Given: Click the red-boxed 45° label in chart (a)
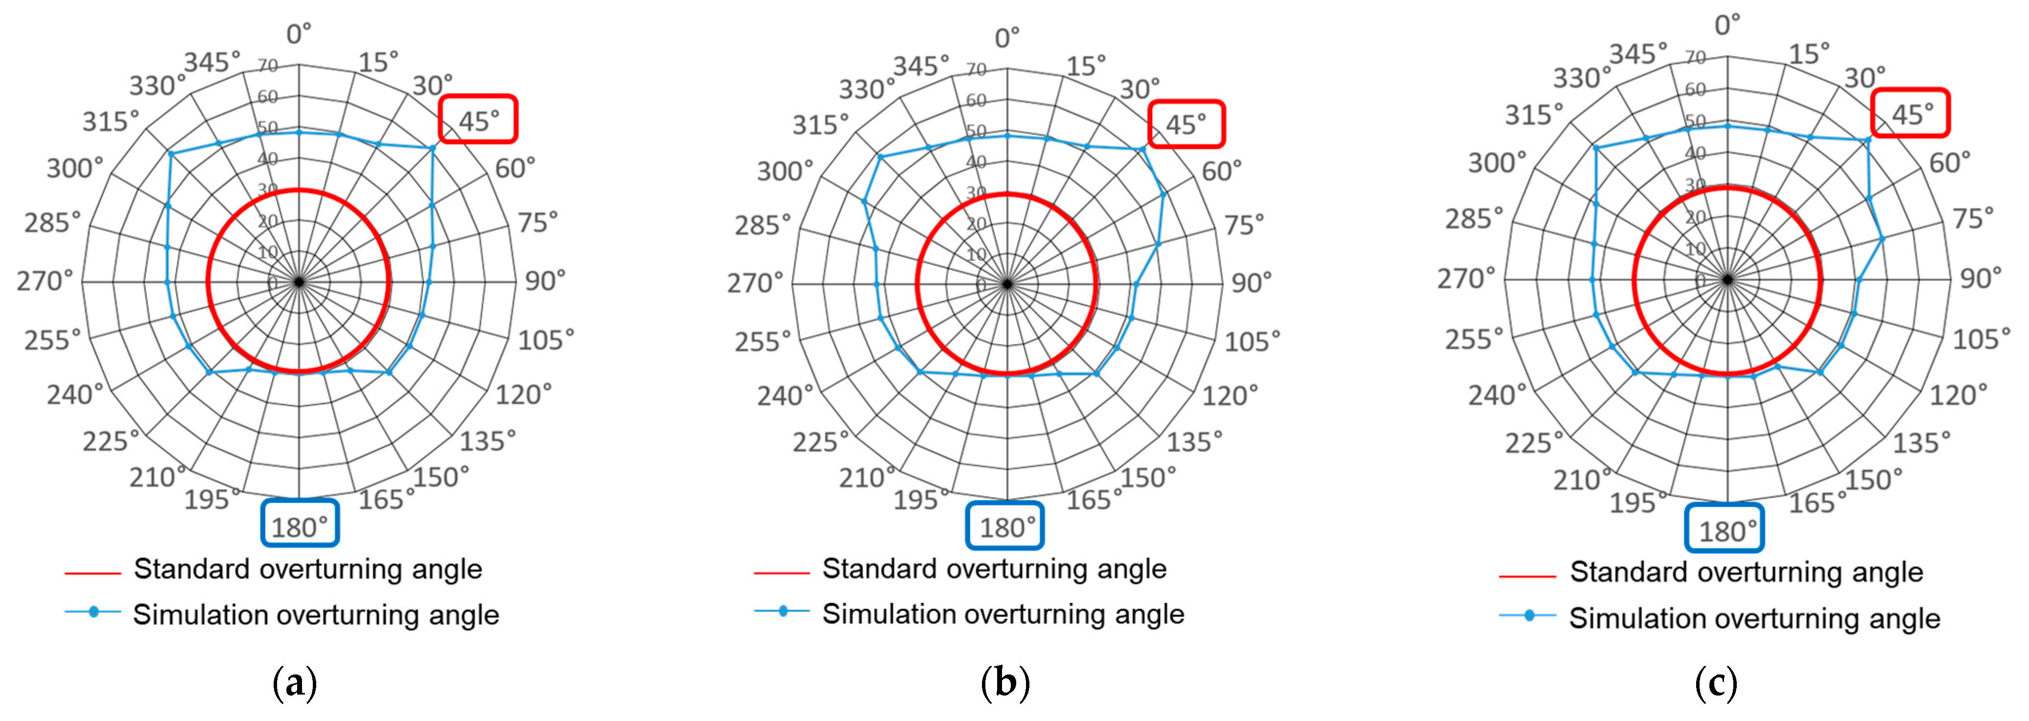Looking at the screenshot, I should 478,120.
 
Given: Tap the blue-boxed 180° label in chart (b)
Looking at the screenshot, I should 1005,527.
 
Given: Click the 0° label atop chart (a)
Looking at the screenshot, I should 299,33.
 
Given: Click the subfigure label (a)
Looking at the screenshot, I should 295,682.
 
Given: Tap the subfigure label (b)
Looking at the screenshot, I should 1005,682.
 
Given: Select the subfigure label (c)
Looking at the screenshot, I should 1716,682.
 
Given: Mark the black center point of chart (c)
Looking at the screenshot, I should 1727,279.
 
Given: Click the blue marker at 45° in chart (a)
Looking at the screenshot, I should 432,148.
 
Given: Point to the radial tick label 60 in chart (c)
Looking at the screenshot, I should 1695,89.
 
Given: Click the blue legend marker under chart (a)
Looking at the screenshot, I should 93,611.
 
